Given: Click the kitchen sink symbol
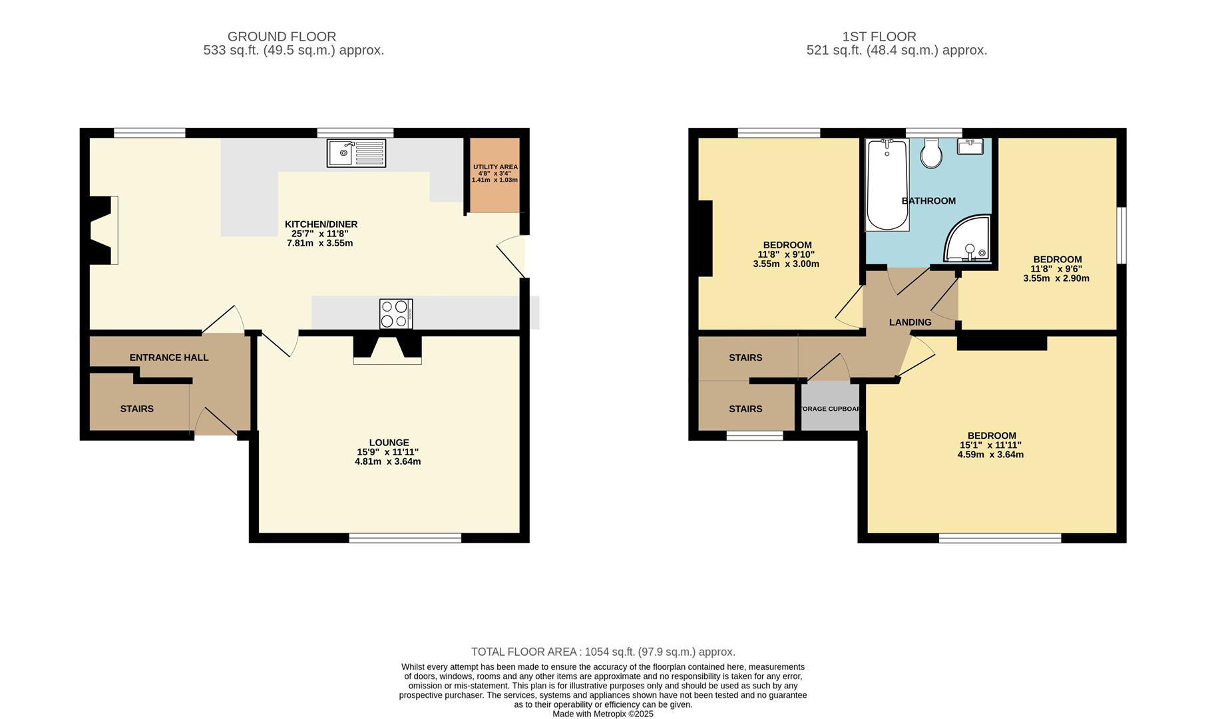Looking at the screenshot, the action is [356, 153].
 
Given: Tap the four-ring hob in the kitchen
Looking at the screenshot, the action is [396, 314].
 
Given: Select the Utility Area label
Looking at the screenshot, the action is [495, 167].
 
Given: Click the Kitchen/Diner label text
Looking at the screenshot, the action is [321, 224].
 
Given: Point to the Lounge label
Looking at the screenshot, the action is [389, 443].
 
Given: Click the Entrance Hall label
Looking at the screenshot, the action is [169, 358].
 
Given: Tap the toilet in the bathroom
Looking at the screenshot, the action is [931, 154].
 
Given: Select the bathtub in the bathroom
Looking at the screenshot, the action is [887, 185].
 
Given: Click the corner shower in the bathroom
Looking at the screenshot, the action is [967, 238].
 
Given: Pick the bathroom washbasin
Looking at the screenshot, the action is [971, 146].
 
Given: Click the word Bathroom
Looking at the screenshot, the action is [928, 201].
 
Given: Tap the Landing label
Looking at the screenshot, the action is [910, 322].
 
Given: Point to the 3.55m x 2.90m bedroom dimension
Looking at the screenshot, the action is [1056, 279].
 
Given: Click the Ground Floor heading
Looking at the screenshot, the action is [282, 37].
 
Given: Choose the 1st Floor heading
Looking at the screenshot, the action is [879, 37].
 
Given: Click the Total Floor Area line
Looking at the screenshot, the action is [603, 652].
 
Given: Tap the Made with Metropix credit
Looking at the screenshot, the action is [603, 714].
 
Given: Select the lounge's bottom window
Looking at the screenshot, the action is [405, 538].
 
